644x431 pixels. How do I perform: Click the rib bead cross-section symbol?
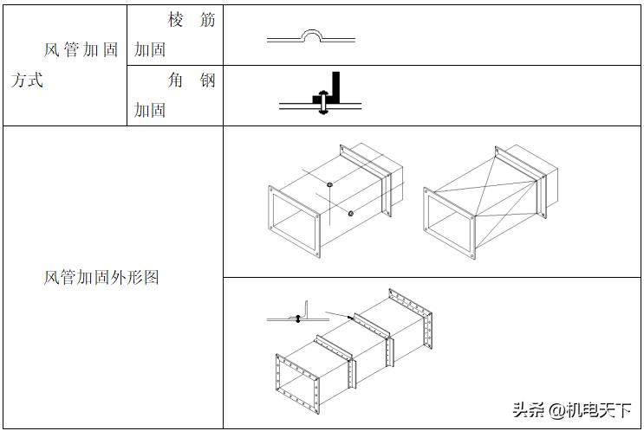pos(310,36)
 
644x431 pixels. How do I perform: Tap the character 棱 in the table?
pos(176,20)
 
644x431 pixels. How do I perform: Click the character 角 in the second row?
pos(176,81)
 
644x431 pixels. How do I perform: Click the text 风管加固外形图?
pos(101,278)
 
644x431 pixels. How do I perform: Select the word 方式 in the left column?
pos(27,80)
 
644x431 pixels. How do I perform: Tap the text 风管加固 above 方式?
pos(81,50)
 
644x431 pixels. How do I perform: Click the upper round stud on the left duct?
pos(330,184)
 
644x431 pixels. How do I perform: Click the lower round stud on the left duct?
pos(350,214)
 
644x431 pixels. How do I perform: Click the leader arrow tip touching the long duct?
pos(350,318)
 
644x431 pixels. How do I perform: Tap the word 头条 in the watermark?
pos(529,409)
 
